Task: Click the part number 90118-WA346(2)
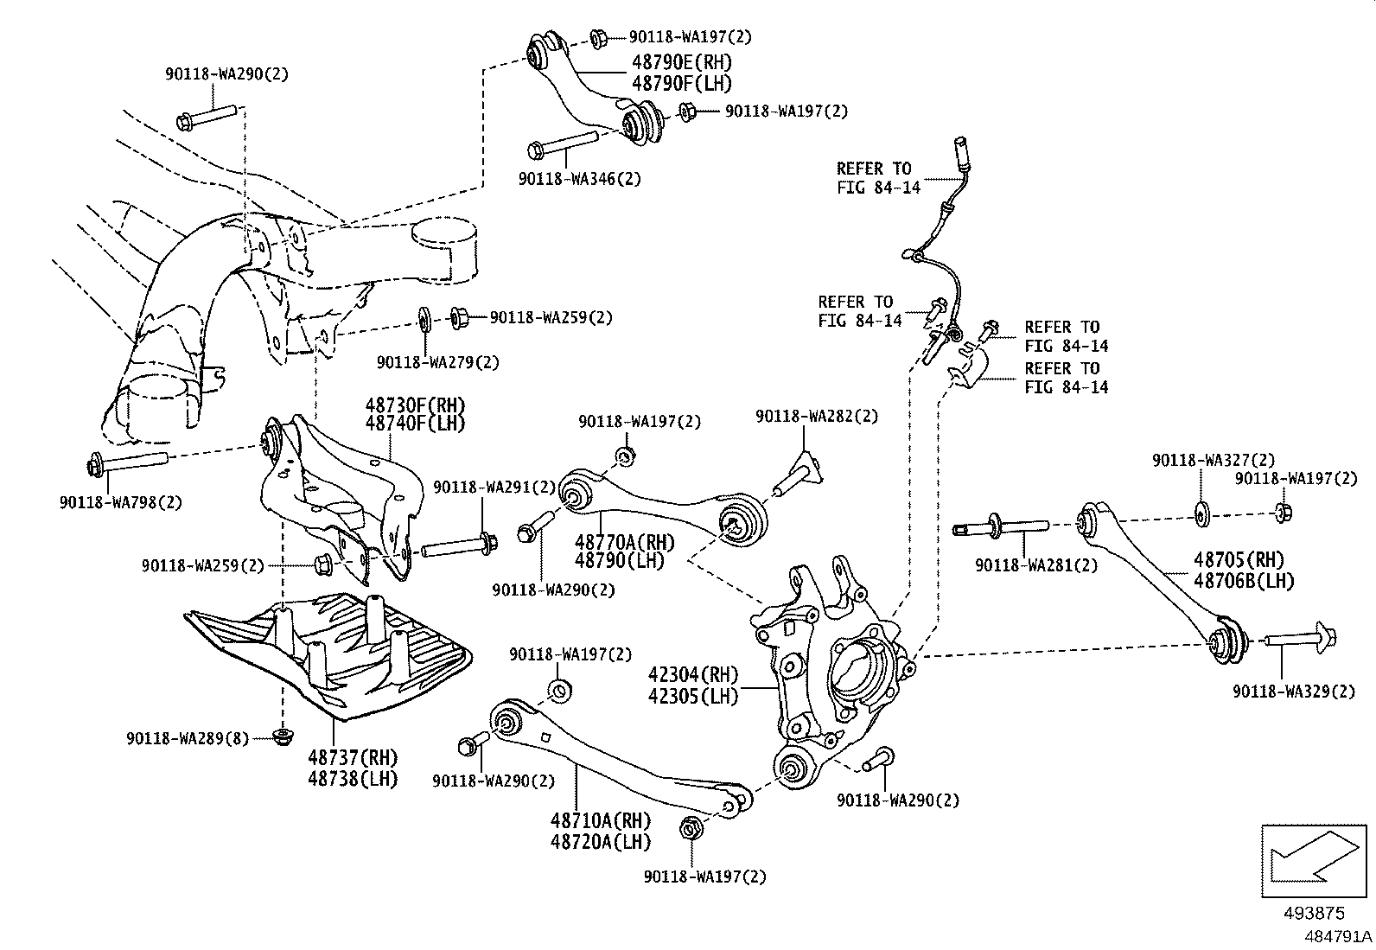[580, 179]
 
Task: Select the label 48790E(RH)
[681, 62]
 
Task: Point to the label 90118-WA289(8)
[187, 738]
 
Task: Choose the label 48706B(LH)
[1244, 581]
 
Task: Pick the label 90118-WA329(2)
[1294, 691]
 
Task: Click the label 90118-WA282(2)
[816, 416]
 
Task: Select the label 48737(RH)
[353, 758]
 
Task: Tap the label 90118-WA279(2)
[437, 362]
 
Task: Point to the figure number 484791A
[1337, 937]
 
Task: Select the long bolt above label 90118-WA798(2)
[128, 463]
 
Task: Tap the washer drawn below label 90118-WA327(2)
[1202, 513]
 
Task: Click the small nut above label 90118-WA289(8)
[281, 737]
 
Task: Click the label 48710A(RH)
[600, 819]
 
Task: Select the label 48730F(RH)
[415, 405]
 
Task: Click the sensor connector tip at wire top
[960, 147]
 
